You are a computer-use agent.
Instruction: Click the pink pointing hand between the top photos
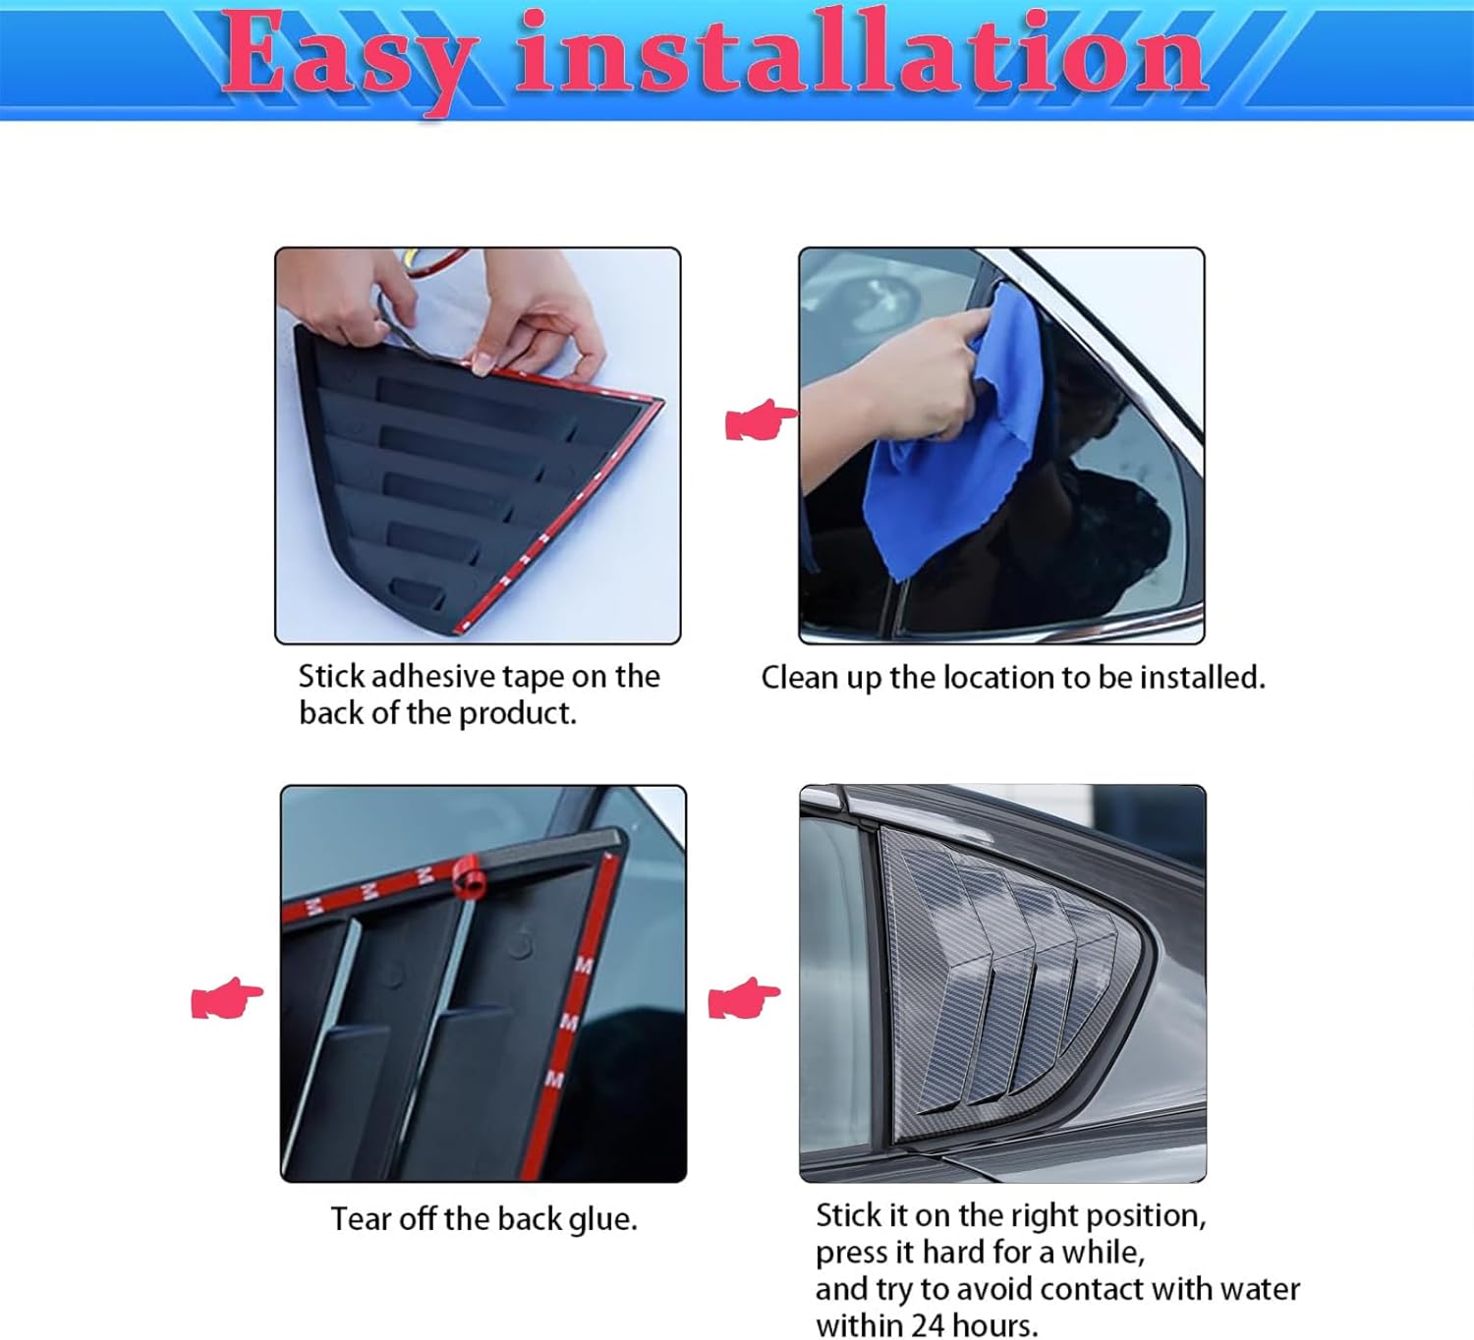761,420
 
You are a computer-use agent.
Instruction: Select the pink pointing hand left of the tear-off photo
226,998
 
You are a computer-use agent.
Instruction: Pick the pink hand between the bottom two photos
744,998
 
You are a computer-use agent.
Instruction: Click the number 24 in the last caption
927,1325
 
